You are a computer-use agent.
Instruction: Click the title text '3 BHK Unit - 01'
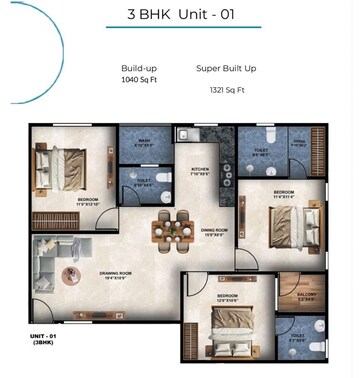[180, 15]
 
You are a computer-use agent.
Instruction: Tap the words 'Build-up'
[137, 68]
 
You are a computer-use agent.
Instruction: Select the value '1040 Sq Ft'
[140, 79]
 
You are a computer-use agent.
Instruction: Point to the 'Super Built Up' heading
[227, 68]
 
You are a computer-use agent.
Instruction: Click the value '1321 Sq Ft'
[227, 88]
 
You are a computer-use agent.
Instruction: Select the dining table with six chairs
[167, 229]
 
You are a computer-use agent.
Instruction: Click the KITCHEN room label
[199, 169]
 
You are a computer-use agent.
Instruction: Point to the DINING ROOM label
[213, 231]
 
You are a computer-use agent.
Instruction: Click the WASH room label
[143, 141]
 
